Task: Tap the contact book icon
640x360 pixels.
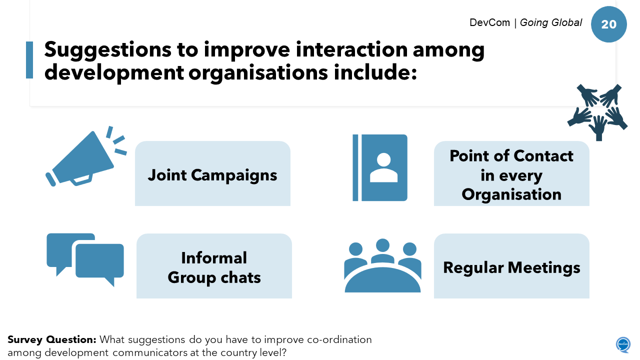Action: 380,167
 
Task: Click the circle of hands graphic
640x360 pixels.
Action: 597,111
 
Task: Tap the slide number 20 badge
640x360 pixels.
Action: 608,24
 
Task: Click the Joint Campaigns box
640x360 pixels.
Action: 212,173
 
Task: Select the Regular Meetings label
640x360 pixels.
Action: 511,267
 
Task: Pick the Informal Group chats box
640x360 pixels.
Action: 214,266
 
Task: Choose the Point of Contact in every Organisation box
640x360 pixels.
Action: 511,174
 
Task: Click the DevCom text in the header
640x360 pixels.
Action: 489,22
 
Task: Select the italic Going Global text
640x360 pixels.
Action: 551,22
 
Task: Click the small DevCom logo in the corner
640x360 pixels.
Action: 623,344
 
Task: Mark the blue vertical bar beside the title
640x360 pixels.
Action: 29,60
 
